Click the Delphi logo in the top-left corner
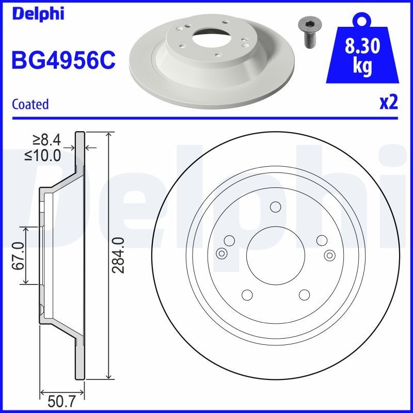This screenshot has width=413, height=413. point(37,13)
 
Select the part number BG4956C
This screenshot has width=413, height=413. point(63,60)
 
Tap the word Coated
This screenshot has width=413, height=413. point(30,104)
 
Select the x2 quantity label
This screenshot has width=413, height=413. point(389,103)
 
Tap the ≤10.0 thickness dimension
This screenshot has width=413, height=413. point(43,154)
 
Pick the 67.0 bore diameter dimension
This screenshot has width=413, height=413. point(19,255)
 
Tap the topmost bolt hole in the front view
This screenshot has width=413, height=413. point(275,207)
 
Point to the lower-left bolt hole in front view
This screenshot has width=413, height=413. point(247,295)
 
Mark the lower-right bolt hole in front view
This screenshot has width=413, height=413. point(304,295)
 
